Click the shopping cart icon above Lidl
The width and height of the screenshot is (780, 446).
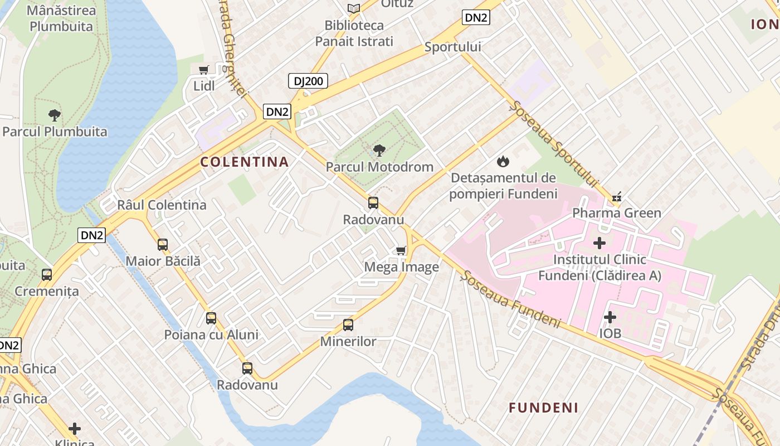pyautogui.click(x=204, y=70)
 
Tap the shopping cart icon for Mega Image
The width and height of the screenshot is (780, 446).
pyautogui.click(x=401, y=250)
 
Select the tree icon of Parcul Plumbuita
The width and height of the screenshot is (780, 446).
pyautogui.click(x=54, y=115)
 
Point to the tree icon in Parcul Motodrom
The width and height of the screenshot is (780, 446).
pyautogui.click(x=379, y=150)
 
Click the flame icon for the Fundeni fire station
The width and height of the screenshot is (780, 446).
pyautogui.click(x=503, y=162)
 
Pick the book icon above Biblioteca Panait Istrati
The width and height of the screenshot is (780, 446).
pyautogui.click(x=353, y=8)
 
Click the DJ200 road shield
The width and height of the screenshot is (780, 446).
pyautogui.click(x=308, y=81)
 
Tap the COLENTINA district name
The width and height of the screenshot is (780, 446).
pyautogui.click(x=245, y=162)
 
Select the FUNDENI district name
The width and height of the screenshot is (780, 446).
pyautogui.click(x=543, y=408)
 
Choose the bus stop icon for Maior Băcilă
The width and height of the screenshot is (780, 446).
pyautogui.click(x=163, y=244)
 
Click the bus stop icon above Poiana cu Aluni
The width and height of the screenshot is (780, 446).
pyautogui.click(x=211, y=318)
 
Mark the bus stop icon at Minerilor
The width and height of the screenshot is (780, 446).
pyautogui.click(x=348, y=324)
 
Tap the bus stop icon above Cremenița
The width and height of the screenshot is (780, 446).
pyautogui.click(x=47, y=274)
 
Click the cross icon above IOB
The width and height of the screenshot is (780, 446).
pyautogui.click(x=610, y=317)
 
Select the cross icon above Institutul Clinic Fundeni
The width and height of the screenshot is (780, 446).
pyautogui.click(x=599, y=243)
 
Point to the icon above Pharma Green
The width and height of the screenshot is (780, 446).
pyautogui.click(x=617, y=196)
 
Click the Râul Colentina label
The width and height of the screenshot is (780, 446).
pyautogui.click(x=162, y=205)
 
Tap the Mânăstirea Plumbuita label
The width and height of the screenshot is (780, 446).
pyautogui.click(x=61, y=18)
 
